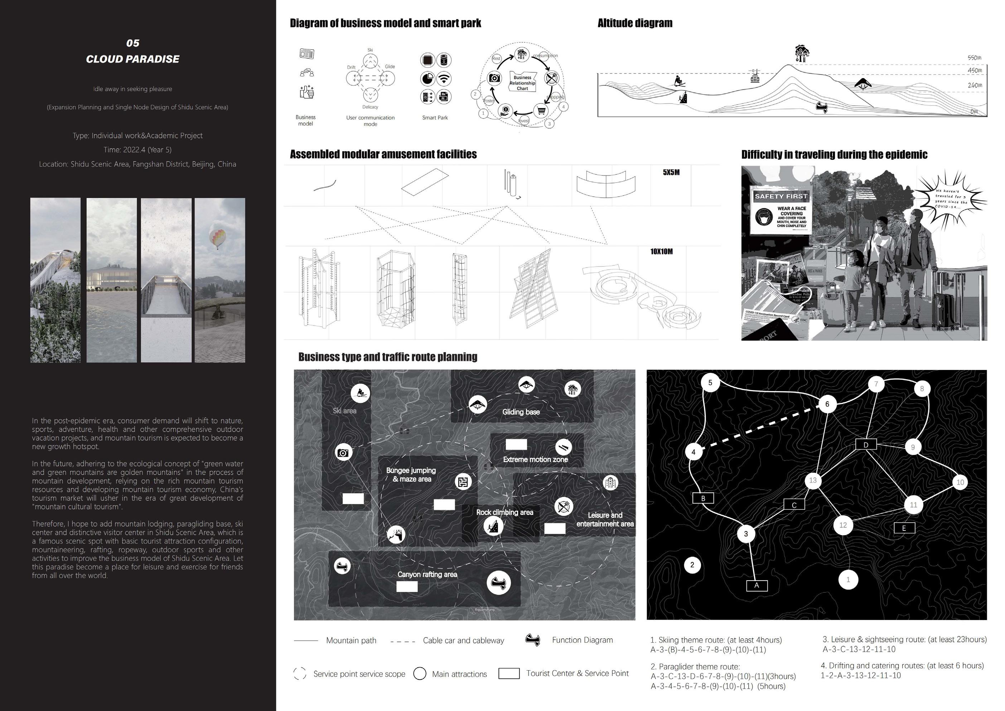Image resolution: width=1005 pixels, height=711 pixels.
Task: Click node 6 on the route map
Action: [x=827, y=404]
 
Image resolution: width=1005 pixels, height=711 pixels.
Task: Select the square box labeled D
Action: [x=865, y=445]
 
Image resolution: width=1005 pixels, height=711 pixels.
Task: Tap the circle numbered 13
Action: [x=813, y=480]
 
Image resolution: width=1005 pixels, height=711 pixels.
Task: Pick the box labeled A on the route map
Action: [x=757, y=585]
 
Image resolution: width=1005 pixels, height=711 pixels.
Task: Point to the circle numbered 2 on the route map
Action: [x=692, y=565]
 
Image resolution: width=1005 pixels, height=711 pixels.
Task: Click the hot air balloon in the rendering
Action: [x=218, y=236]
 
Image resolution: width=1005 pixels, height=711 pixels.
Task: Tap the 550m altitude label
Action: [x=974, y=58]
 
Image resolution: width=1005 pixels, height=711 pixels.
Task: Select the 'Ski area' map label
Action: [x=344, y=411]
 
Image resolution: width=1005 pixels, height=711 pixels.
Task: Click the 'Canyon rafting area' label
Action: [x=427, y=575]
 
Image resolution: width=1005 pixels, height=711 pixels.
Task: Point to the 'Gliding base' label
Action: [x=521, y=412]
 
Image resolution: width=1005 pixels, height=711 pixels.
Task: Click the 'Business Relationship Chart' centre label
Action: [x=522, y=83]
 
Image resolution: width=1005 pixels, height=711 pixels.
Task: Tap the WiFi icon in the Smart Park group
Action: [x=444, y=79]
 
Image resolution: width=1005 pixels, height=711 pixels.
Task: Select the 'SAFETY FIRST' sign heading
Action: [x=781, y=197]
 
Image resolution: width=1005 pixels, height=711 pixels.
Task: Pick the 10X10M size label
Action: [x=661, y=252]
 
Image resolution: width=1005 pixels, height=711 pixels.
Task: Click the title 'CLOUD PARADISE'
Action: [x=132, y=59]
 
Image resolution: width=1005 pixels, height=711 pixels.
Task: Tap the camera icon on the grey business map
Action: [x=343, y=453]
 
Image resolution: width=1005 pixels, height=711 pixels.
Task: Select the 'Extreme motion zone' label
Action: [x=535, y=459]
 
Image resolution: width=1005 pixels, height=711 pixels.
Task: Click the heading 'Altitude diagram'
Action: [x=635, y=23]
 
